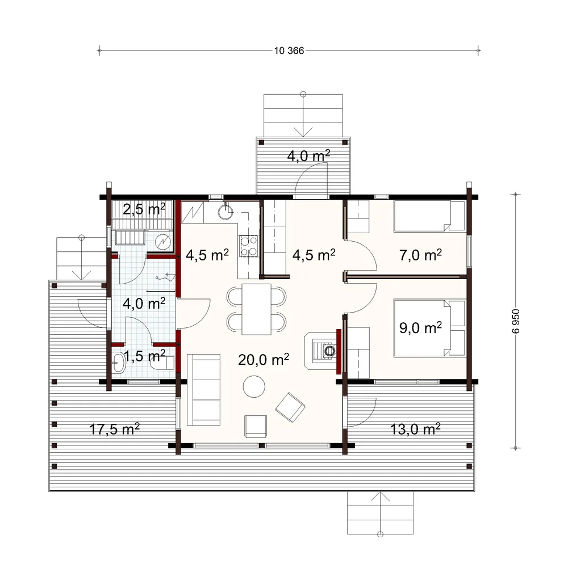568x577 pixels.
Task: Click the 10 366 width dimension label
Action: (289, 51)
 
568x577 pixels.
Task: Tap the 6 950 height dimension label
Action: (516, 321)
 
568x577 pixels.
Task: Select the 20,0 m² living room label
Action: (264, 359)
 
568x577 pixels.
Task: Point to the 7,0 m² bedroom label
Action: (420, 254)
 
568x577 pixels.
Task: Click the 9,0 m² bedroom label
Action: (420, 327)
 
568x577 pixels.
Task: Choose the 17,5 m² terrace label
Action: (115, 429)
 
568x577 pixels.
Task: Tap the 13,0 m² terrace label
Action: (415, 429)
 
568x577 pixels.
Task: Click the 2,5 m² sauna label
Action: (144, 209)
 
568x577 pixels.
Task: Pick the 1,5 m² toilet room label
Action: (144, 356)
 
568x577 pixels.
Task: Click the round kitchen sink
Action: (225, 212)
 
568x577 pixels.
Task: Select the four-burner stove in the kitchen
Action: (249, 246)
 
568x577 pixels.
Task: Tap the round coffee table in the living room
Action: (254, 386)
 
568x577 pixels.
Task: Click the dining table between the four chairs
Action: (256, 309)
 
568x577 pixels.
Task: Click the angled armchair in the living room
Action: (290, 407)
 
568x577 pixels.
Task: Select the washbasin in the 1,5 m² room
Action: (118, 363)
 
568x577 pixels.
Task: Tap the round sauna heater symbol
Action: (163, 242)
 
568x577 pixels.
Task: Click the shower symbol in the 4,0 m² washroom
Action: (165, 277)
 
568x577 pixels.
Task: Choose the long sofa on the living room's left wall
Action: (204, 390)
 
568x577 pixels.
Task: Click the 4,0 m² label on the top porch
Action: (308, 155)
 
